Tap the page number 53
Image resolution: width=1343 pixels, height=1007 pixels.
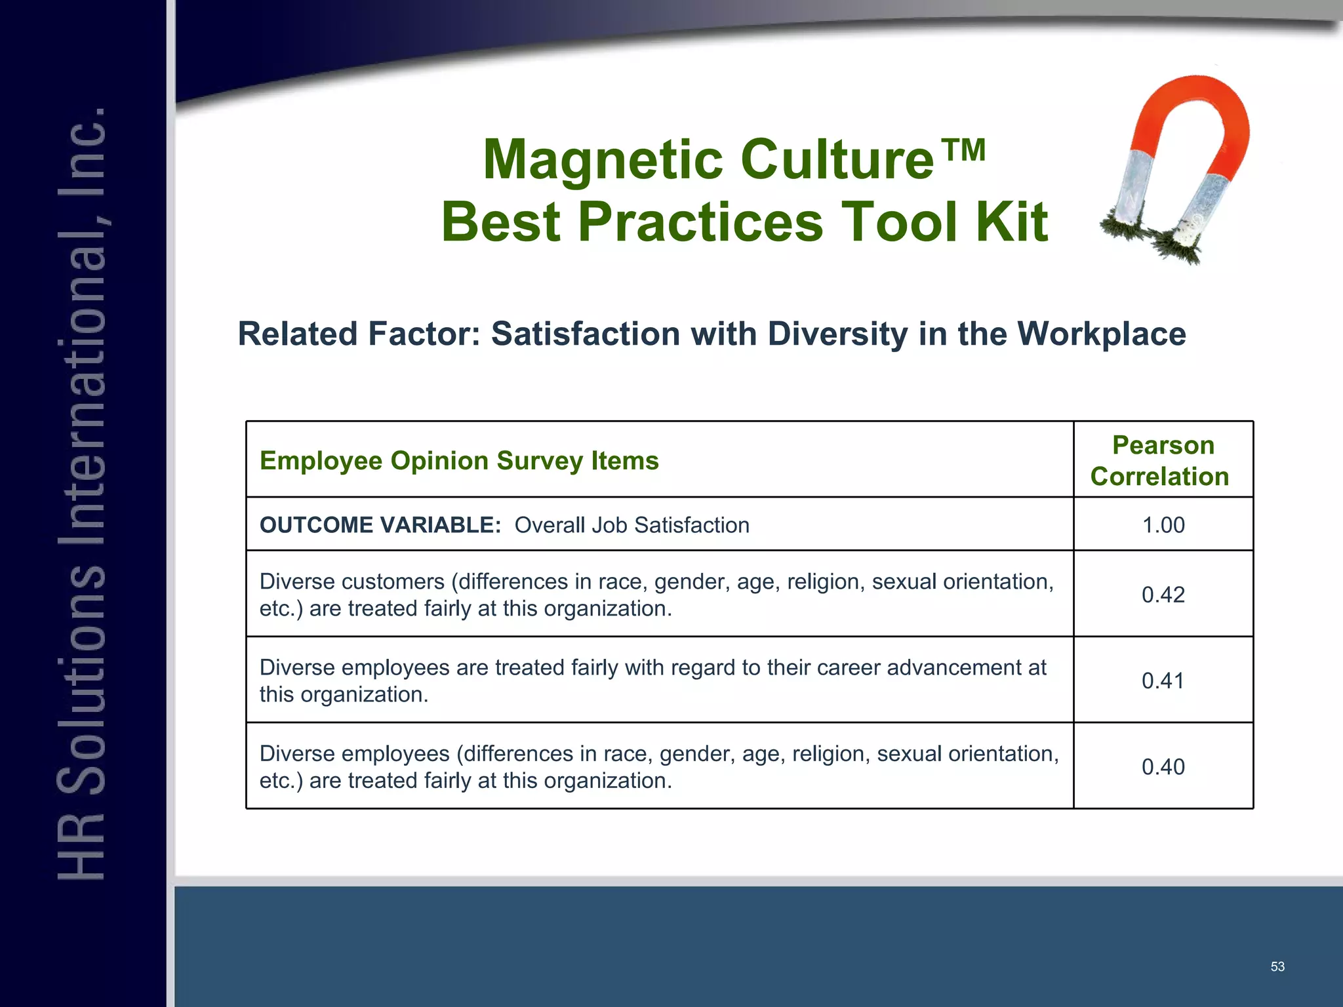[x=1277, y=966]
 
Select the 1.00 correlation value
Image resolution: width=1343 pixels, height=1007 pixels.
[x=1163, y=525]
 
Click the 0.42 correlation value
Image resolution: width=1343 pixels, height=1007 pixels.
[x=1163, y=595]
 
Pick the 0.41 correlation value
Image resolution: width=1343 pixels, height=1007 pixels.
[x=1163, y=681]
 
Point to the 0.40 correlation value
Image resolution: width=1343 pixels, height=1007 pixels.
[x=1163, y=766]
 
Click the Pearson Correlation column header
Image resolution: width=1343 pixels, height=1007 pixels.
[x=1162, y=461]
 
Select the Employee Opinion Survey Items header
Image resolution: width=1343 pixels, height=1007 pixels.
[x=459, y=461]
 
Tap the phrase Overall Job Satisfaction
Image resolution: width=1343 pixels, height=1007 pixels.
[x=631, y=525]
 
